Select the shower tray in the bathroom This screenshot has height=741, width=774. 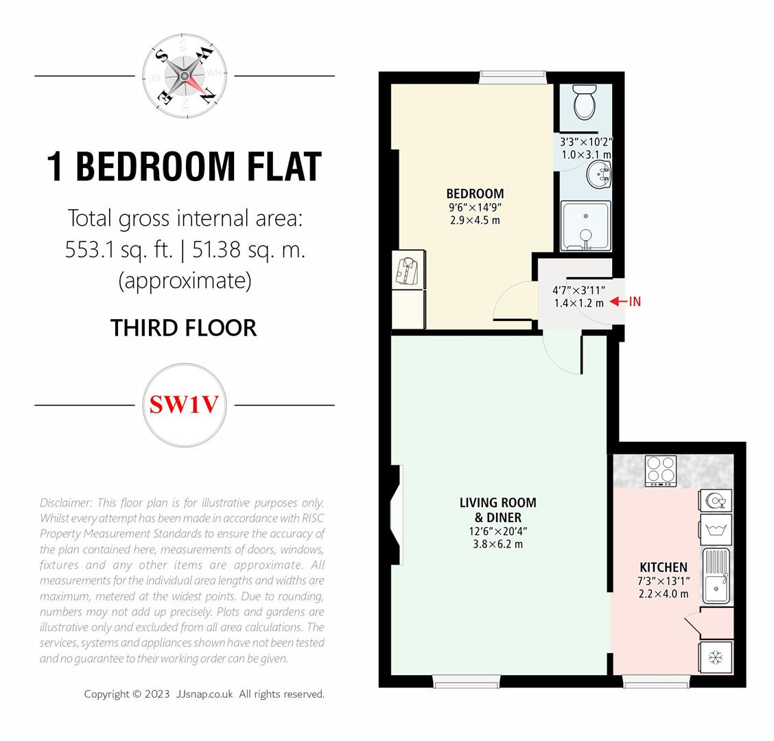coord(585,226)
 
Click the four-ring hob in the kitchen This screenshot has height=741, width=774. coord(660,471)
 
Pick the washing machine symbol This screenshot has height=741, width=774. coord(716,530)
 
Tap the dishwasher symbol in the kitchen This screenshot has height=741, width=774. coord(716,501)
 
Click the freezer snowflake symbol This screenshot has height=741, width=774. coord(716,658)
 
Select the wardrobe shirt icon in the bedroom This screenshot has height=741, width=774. coord(408,270)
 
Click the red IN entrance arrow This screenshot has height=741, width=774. coord(625,301)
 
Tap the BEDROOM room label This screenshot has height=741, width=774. coord(475,193)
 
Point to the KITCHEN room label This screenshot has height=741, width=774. coord(663,567)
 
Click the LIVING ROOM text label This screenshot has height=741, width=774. coord(497,503)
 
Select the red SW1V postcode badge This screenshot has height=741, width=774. coord(184,405)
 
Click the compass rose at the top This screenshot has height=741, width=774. coord(184,75)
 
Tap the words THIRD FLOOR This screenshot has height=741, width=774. coord(184,328)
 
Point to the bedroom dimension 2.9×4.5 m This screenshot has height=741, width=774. coord(475,221)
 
